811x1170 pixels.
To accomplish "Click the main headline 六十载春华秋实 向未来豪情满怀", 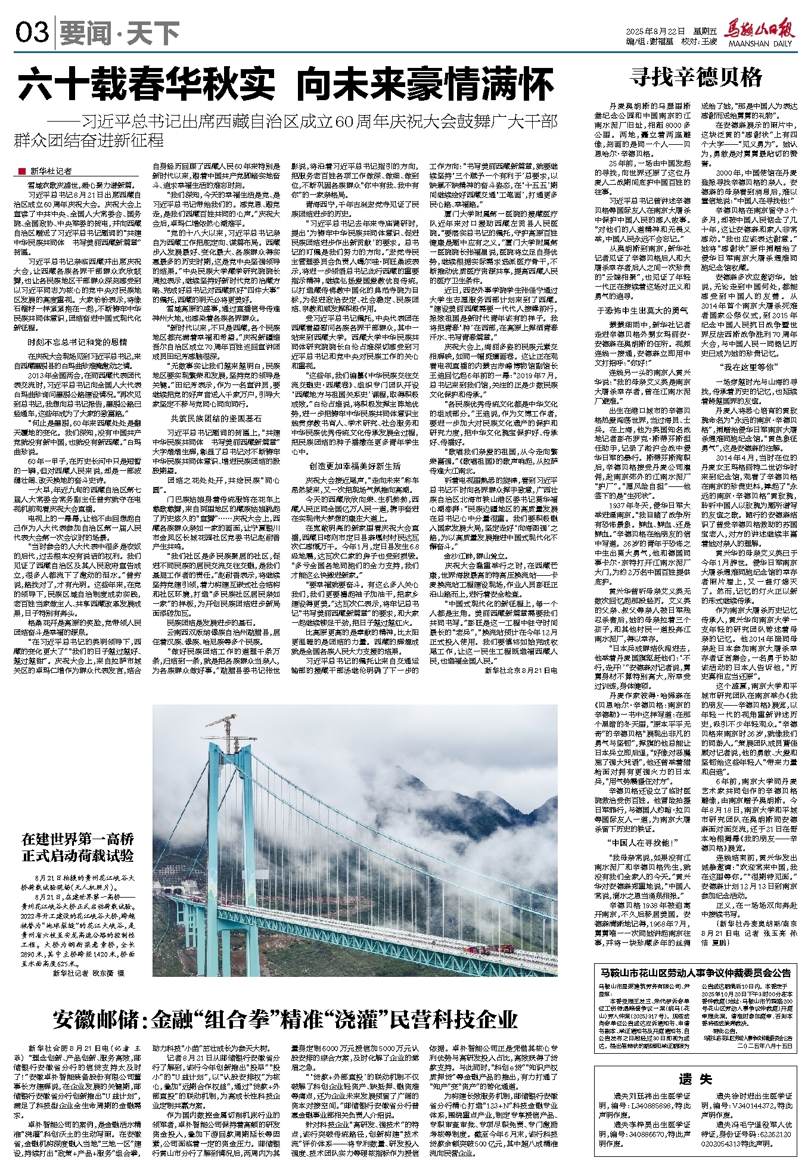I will (x=286, y=85).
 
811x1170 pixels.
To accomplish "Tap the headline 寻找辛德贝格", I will (x=697, y=77).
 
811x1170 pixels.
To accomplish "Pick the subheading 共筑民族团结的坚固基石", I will (x=216, y=418).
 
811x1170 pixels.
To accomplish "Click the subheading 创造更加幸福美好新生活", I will (x=355, y=466).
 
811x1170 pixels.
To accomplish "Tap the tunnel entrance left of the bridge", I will (x=176, y=891).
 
